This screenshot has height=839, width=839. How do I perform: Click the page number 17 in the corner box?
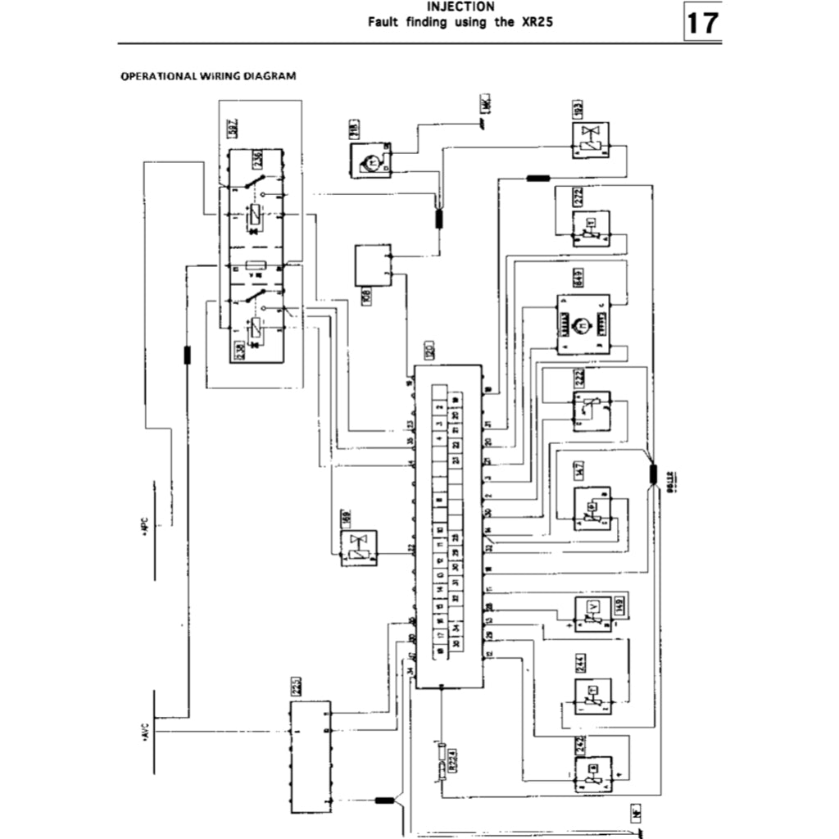701,23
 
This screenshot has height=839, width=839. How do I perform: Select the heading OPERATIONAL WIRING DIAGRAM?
208,76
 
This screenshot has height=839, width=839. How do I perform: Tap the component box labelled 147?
592,508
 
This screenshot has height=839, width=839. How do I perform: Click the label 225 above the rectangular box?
296,687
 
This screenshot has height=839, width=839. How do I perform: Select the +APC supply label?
143,525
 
